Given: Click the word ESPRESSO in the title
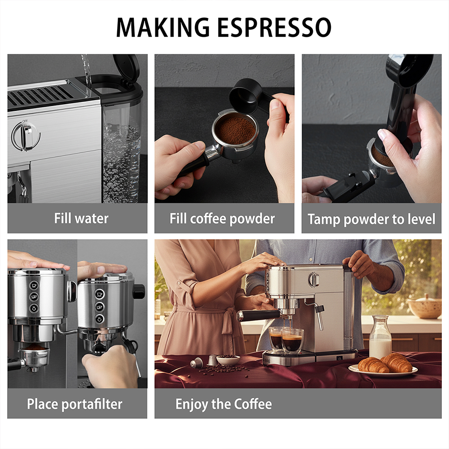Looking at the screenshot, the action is (x=274, y=27).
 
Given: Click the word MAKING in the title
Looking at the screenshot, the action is (x=163, y=27).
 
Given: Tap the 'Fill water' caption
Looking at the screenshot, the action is (x=81, y=219).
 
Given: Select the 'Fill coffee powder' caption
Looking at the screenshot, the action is (x=222, y=219).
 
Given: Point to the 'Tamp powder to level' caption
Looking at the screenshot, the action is (x=371, y=220).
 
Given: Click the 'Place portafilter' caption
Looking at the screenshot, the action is (x=75, y=405).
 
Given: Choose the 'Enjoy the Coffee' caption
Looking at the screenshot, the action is (x=224, y=405).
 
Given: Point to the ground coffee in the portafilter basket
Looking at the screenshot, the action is (x=235, y=130).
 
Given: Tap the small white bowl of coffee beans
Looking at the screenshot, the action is (x=228, y=360).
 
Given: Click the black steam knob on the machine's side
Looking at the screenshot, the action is (x=139, y=292).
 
